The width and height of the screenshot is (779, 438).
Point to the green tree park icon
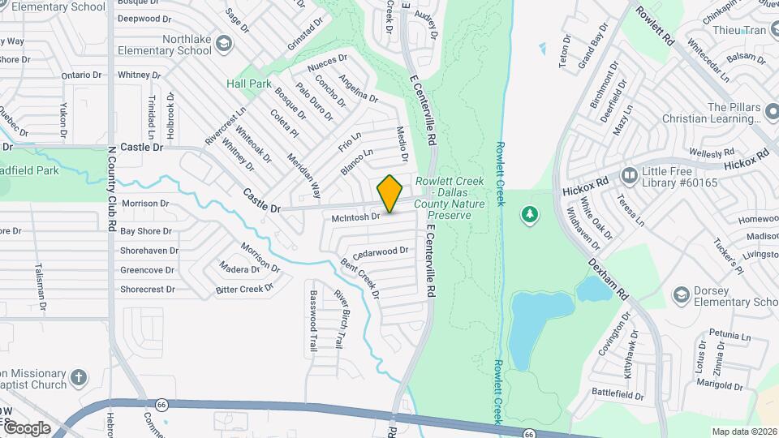[530, 214]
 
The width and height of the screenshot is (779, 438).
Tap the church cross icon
[79, 377]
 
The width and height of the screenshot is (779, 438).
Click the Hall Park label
[249, 84]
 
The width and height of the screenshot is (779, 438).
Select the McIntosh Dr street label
[355, 217]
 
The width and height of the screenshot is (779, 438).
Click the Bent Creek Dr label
[359, 277]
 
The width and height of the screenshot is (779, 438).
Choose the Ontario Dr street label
[81, 75]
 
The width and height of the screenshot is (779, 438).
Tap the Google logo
[26, 427]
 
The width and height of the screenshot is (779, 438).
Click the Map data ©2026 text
[743, 432]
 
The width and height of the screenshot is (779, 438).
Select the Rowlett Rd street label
[656, 25]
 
